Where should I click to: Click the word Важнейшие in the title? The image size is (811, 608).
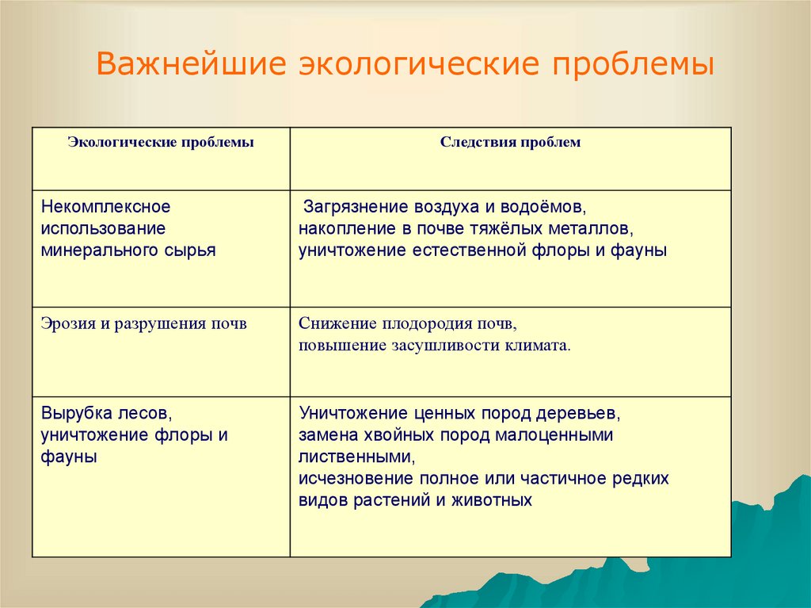point(191,64)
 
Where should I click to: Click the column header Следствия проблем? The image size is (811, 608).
point(510,142)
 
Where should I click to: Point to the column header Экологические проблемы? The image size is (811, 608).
point(161,143)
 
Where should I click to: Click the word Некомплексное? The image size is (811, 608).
point(105,207)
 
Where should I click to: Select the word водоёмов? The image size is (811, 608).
point(543,207)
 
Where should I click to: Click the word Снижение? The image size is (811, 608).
point(337,323)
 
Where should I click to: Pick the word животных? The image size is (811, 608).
point(492,500)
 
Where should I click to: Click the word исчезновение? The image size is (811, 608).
point(356,479)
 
